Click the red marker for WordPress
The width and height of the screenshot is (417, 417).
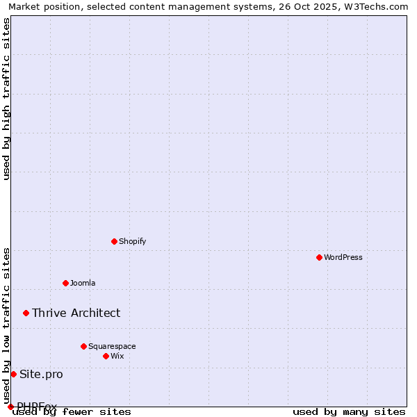tap(319, 257)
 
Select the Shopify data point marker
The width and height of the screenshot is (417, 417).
tap(114, 241)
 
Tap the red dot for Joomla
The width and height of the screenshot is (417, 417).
tap(65, 283)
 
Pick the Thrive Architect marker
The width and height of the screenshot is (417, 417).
tap(26, 313)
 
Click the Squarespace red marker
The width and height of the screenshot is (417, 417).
tap(83, 346)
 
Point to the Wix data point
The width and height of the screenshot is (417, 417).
tap(106, 356)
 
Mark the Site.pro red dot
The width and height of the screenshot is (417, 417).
tap(13, 374)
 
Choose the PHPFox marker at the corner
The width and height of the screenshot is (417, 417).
tap(10, 407)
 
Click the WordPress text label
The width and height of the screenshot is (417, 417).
tap(343, 257)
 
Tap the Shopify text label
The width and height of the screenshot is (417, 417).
tap(132, 241)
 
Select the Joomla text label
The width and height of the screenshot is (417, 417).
tap(83, 283)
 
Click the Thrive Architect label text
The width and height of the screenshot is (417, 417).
tap(76, 313)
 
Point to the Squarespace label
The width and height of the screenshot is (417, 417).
tap(112, 346)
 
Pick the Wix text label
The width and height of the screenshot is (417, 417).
tap(117, 356)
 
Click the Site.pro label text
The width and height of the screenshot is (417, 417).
tap(41, 374)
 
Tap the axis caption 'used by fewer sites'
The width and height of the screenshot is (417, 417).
tap(72, 411)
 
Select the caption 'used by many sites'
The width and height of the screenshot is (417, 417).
tap(349, 411)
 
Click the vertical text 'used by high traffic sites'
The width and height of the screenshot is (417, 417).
tap(7, 99)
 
